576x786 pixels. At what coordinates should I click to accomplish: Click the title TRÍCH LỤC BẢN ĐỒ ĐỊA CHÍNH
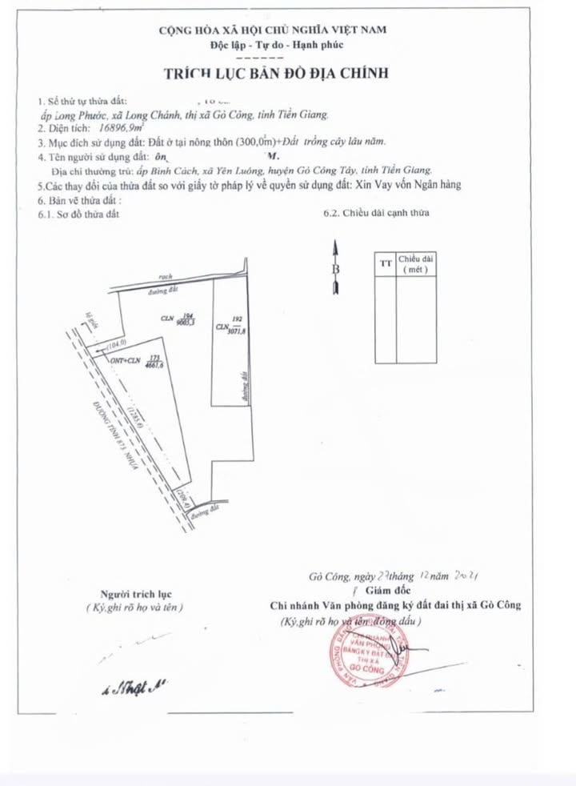pos(276,73)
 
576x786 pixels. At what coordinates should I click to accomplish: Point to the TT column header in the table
pos(386,263)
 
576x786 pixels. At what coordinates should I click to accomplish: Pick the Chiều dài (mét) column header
pos(416,265)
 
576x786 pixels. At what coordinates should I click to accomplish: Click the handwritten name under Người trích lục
pos(133,688)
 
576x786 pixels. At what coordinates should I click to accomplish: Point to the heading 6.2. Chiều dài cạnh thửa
pos(374,214)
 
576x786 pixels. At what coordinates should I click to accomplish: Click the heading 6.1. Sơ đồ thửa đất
pos(78,215)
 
